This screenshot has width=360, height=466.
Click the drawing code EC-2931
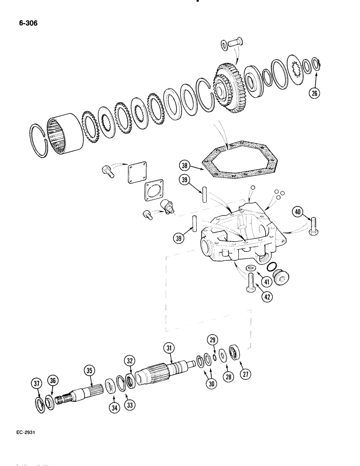(x=22, y=432)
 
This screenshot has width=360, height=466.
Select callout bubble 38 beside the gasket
(x=185, y=164)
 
